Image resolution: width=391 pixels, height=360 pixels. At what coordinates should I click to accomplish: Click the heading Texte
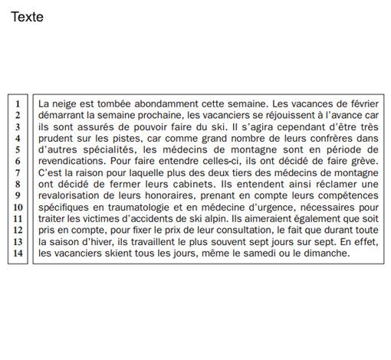click(27, 17)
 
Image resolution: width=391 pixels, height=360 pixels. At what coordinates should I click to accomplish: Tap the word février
click(361, 102)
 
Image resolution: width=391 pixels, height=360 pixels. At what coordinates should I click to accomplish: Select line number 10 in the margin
click(16, 207)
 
